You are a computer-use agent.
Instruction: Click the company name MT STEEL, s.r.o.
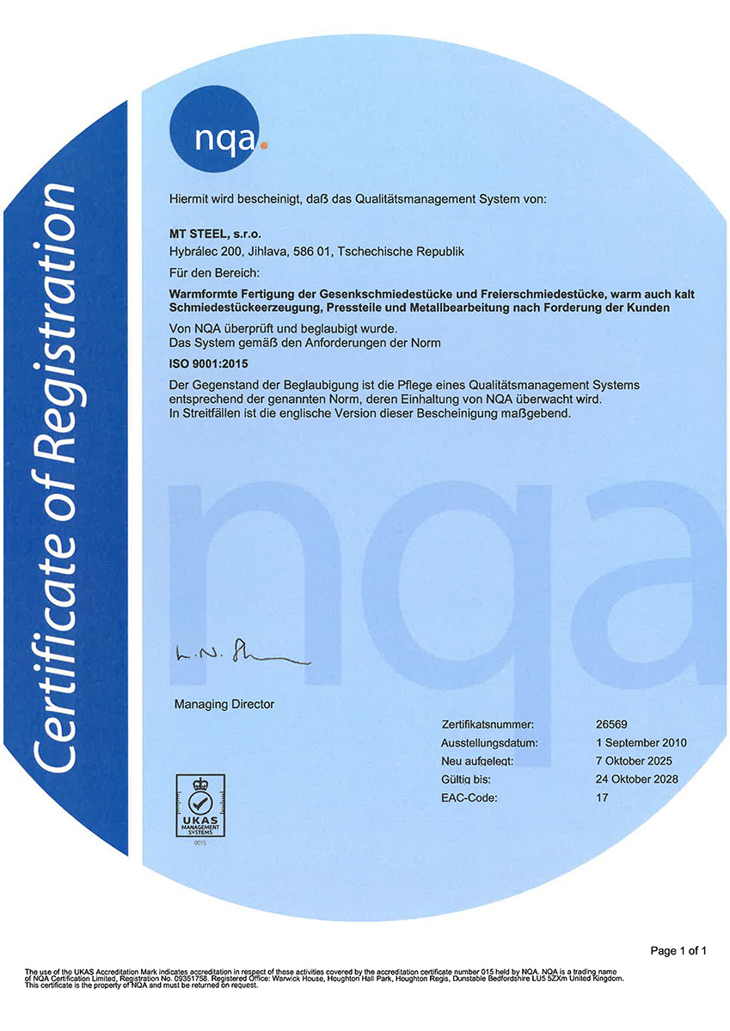(x=216, y=233)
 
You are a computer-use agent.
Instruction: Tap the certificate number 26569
(x=611, y=724)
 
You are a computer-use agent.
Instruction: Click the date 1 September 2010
(x=641, y=742)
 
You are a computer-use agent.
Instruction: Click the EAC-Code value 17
(x=602, y=797)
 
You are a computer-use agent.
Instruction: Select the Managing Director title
(x=224, y=704)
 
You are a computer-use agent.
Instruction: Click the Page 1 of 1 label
(x=678, y=951)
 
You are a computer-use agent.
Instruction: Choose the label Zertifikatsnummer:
(x=488, y=724)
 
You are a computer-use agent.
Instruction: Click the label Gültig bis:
(x=468, y=779)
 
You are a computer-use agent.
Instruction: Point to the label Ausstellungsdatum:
(x=489, y=742)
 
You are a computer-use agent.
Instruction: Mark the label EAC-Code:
(x=469, y=797)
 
